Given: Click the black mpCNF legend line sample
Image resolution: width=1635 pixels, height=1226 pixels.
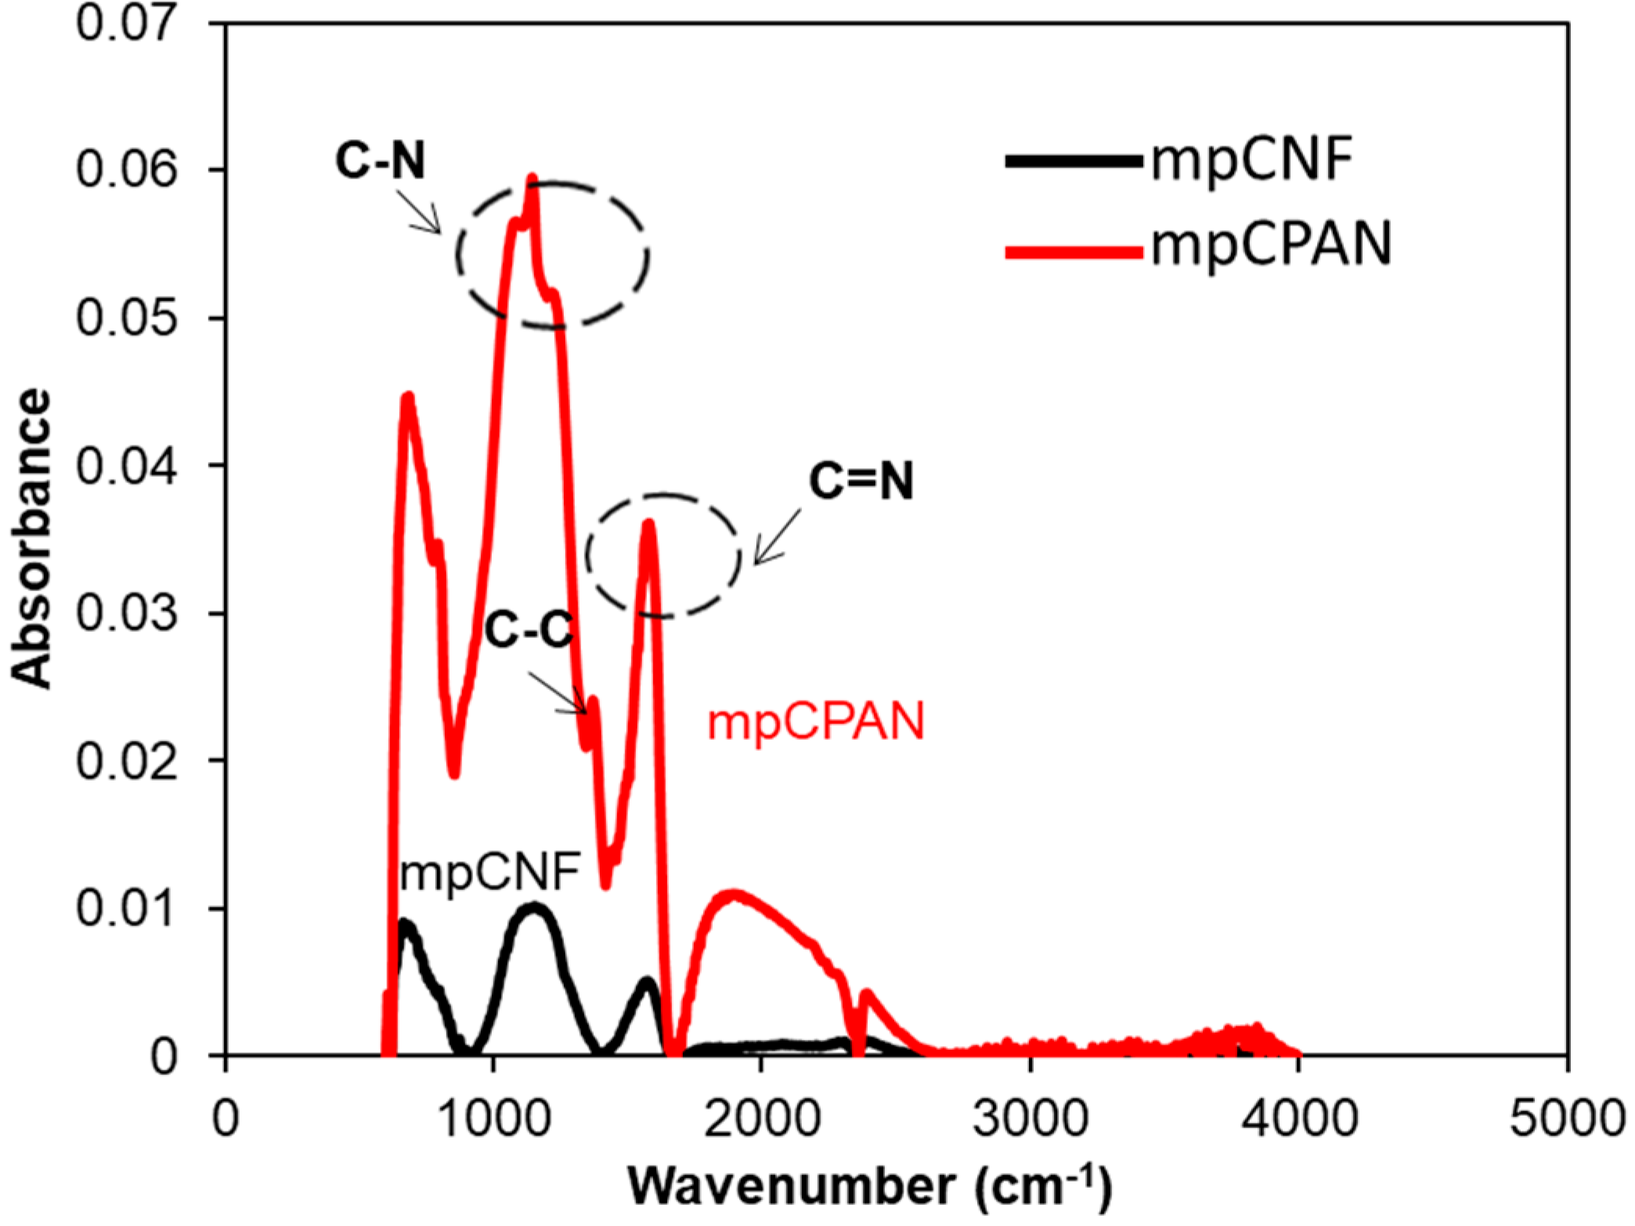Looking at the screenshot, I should click(x=1074, y=162).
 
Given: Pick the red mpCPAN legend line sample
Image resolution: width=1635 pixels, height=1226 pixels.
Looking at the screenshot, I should click(x=1074, y=252).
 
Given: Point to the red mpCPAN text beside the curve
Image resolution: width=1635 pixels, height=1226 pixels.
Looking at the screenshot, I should click(x=816, y=722).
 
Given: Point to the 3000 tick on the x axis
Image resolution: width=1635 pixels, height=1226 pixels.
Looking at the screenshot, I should click(x=1030, y=1118).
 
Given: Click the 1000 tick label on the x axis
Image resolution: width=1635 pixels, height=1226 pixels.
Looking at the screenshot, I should click(x=493, y=1118).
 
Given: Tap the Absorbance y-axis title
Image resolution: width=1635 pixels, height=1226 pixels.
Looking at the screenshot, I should click(x=31, y=540).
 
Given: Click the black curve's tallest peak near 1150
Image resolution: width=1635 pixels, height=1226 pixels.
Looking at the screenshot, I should click(x=534, y=908).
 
